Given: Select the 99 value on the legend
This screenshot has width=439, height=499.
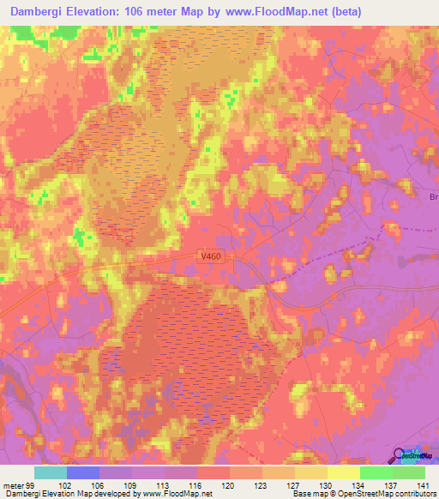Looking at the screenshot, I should click(33, 484).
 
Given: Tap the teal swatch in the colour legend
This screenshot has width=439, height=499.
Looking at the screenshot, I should click(51, 472).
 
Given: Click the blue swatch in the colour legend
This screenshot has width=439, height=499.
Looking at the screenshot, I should click(83, 472).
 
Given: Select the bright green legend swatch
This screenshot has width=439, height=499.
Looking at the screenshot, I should click(376, 472).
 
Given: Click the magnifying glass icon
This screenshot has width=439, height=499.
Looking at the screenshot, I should click(400, 457).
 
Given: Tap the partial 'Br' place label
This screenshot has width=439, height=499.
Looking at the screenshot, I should click(433, 196).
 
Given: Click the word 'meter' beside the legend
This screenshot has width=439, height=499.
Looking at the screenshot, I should click(13, 484).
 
